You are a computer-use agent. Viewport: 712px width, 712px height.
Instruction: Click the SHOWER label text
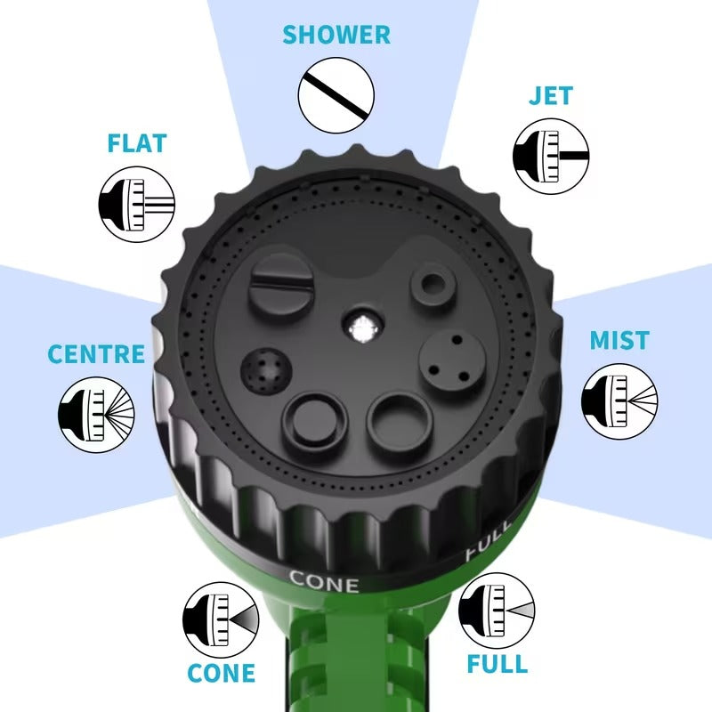pos(336,36)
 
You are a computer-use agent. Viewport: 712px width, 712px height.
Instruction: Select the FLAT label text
pos(136,143)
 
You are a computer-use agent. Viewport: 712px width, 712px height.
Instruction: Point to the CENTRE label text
pos(95,353)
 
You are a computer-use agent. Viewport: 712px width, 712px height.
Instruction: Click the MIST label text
pos(619,341)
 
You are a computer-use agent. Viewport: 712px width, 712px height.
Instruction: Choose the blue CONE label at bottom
pos(221,674)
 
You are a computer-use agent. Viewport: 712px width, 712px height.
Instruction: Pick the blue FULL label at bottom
pos(497,664)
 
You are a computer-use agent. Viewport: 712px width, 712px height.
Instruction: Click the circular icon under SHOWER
pos(336,96)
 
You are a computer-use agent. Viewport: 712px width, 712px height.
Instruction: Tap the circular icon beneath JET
pos(552,157)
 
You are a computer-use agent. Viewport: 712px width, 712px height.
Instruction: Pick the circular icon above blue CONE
pos(220,614)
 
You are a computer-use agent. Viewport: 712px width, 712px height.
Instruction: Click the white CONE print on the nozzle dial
pos(324,582)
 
